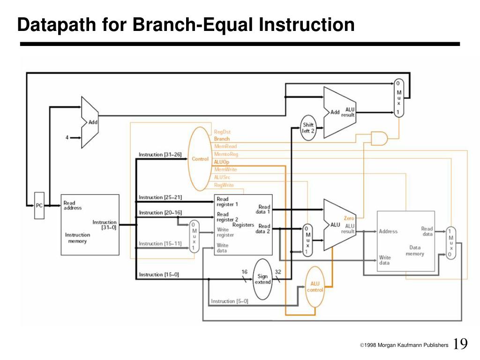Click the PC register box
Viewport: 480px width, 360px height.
tap(40, 205)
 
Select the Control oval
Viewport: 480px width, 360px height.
tap(200, 159)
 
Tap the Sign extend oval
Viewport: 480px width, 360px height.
tap(262, 280)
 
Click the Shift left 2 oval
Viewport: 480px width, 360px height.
tap(308, 128)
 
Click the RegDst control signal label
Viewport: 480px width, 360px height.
tap(222, 132)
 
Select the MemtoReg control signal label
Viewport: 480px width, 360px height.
tap(226, 154)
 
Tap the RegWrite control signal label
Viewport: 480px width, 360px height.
tap(224, 185)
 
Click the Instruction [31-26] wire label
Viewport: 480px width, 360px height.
tap(160, 154)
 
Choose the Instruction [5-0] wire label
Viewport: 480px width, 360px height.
tap(230, 301)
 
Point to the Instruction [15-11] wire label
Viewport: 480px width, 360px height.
tap(160, 243)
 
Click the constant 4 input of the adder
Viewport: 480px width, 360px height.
tap(67, 137)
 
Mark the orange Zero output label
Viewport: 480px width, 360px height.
tap(349, 218)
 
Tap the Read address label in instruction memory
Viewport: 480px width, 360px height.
tap(73, 205)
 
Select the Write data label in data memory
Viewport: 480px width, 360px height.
tap(384, 260)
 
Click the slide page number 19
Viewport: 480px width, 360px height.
tap(460, 345)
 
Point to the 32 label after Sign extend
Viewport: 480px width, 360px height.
tap(277, 271)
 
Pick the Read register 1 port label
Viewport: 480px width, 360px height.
tap(227, 202)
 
